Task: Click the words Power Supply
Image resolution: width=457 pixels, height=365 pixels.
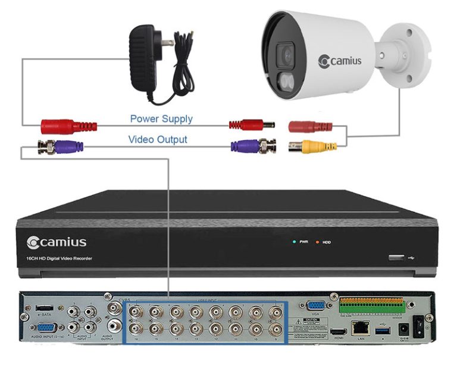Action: point(161,118)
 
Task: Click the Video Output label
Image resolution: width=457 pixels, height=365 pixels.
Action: point(158,140)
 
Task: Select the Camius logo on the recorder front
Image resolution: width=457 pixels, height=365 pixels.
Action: point(57,242)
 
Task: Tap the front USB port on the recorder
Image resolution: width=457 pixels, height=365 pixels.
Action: point(395,258)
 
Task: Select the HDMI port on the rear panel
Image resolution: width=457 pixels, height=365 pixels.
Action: point(338,330)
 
